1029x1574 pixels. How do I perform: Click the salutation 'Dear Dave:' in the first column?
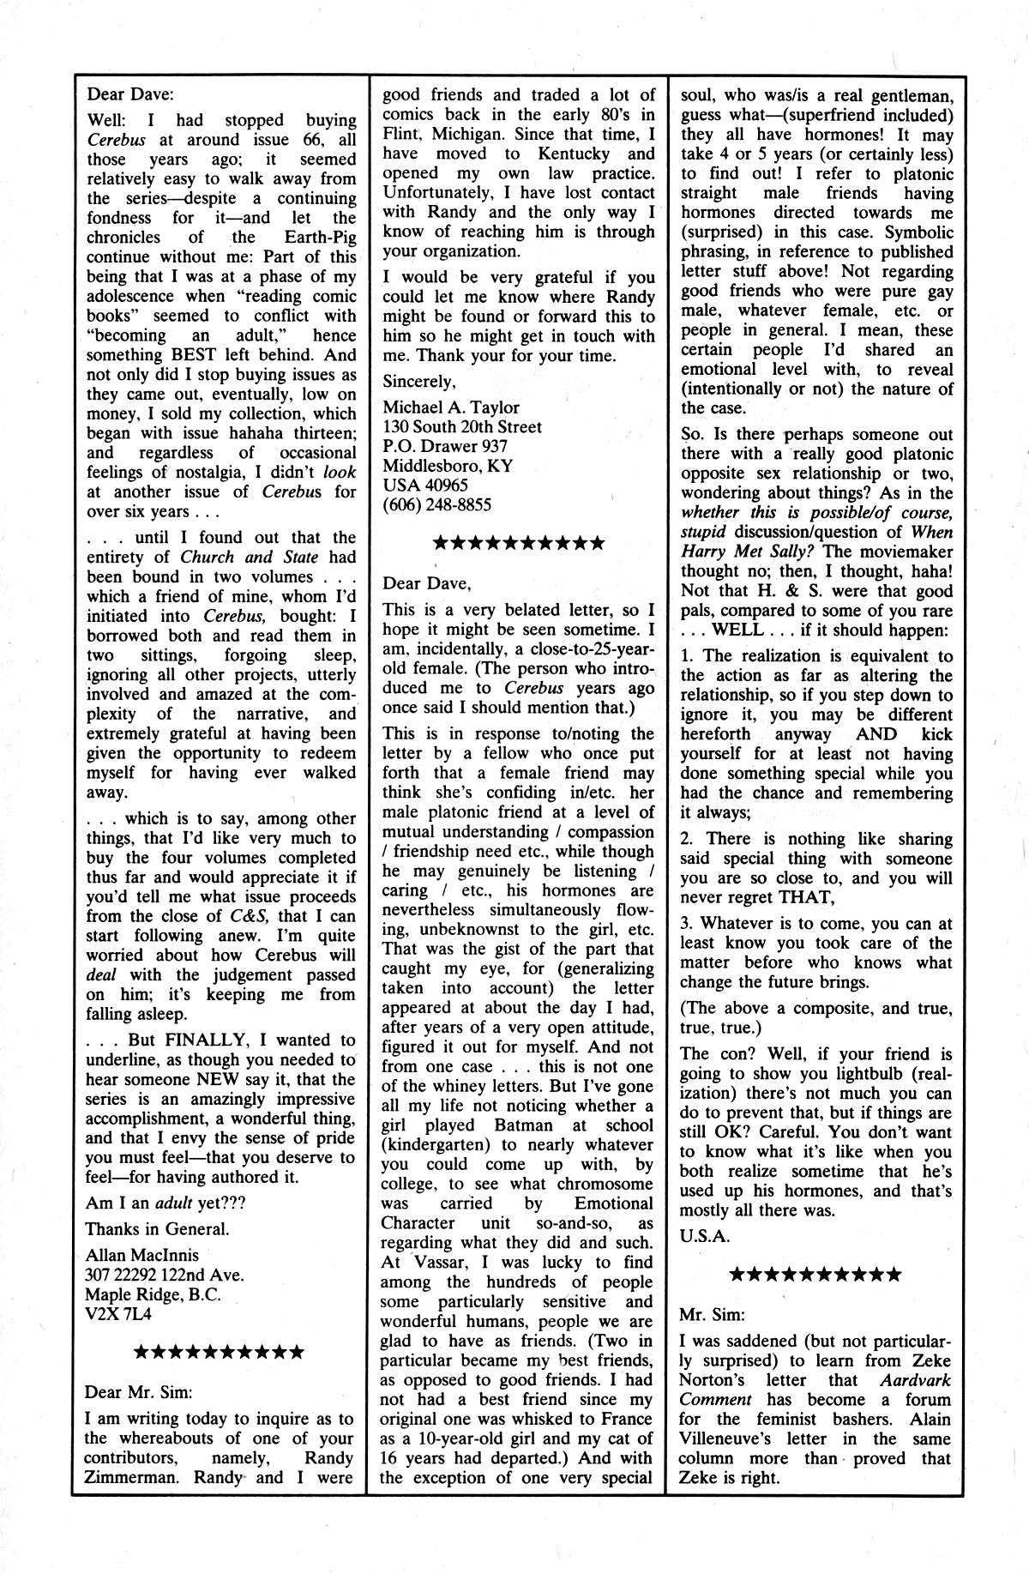(x=130, y=94)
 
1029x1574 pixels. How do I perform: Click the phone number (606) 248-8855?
(x=436, y=504)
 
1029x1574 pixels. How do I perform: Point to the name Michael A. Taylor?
(x=451, y=407)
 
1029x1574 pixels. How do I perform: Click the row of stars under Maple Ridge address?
(x=220, y=1353)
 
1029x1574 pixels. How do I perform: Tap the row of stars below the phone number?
(x=519, y=543)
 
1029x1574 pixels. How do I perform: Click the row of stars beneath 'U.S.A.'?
(x=815, y=1274)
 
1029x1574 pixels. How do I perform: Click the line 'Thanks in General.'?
(x=158, y=1229)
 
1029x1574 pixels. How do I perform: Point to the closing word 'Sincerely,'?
(x=419, y=382)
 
